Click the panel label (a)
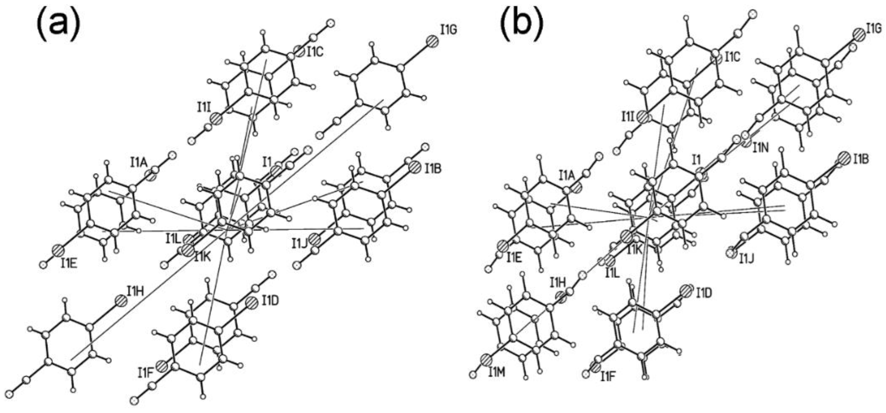pyautogui.click(x=58, y=25)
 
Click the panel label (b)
pyautogui.click(x=521, y=25)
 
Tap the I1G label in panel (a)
pyautogui.click(x=448, y=30)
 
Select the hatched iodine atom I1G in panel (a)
pyautogui.click(x=433, y=42)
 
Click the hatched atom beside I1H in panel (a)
pyautogui.click(x=121, y=300)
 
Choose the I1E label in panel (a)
pyautogui.click(x=70, y=264)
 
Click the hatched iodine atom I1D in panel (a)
pyautogui.click(x=252, y=302)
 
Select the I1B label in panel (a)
pyautogui.click(x=433, y=169)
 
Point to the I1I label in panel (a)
pyautogui.click(x=204, y=108)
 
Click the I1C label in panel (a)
pyautogui.click(x=315, y=53)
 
